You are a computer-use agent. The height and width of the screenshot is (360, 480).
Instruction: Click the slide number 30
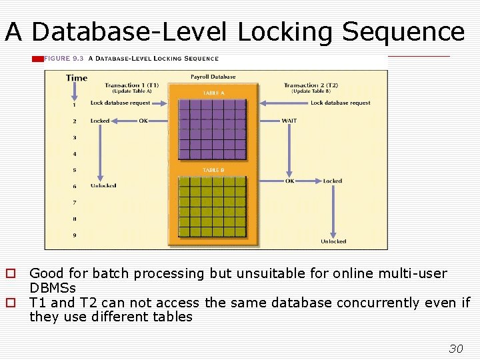pyautogui.click(x=456, y=349)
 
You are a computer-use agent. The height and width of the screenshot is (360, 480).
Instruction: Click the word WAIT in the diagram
pyautogui.click(x=289, y=121)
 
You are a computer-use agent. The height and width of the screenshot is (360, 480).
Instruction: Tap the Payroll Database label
pyautogui.click(x=213, y=77)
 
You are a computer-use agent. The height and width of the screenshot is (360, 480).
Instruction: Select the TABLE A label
pyautogui.click(x=213, y=93)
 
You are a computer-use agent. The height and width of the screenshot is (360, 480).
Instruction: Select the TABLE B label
pyautogui.click(x=213, y=170)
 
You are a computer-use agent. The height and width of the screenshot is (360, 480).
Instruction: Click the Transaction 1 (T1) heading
pyautogui.click(x=132, y=85)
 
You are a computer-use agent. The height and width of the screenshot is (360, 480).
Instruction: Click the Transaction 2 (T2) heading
pyautogui.click(x=311, y=85)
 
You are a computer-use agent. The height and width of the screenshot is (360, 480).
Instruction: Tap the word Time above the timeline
pyautogui.click(x=77, y=78)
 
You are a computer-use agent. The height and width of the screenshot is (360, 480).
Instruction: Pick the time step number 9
pyautogui.click(x=74, y=235)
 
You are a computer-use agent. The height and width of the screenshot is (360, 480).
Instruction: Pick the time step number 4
pyautogui.click(x=74, y=154)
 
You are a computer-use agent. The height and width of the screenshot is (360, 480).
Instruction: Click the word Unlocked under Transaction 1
pyautogui.click(x=103, y=185)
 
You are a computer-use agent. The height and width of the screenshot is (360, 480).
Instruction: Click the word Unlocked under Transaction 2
pyautogui.click(x=333, y=241)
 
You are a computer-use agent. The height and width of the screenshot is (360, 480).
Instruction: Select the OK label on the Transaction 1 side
pyautogui.click(x=143, y=121)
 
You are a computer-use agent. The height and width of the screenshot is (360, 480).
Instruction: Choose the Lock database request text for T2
pyautogui.click(x=340, y=103)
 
